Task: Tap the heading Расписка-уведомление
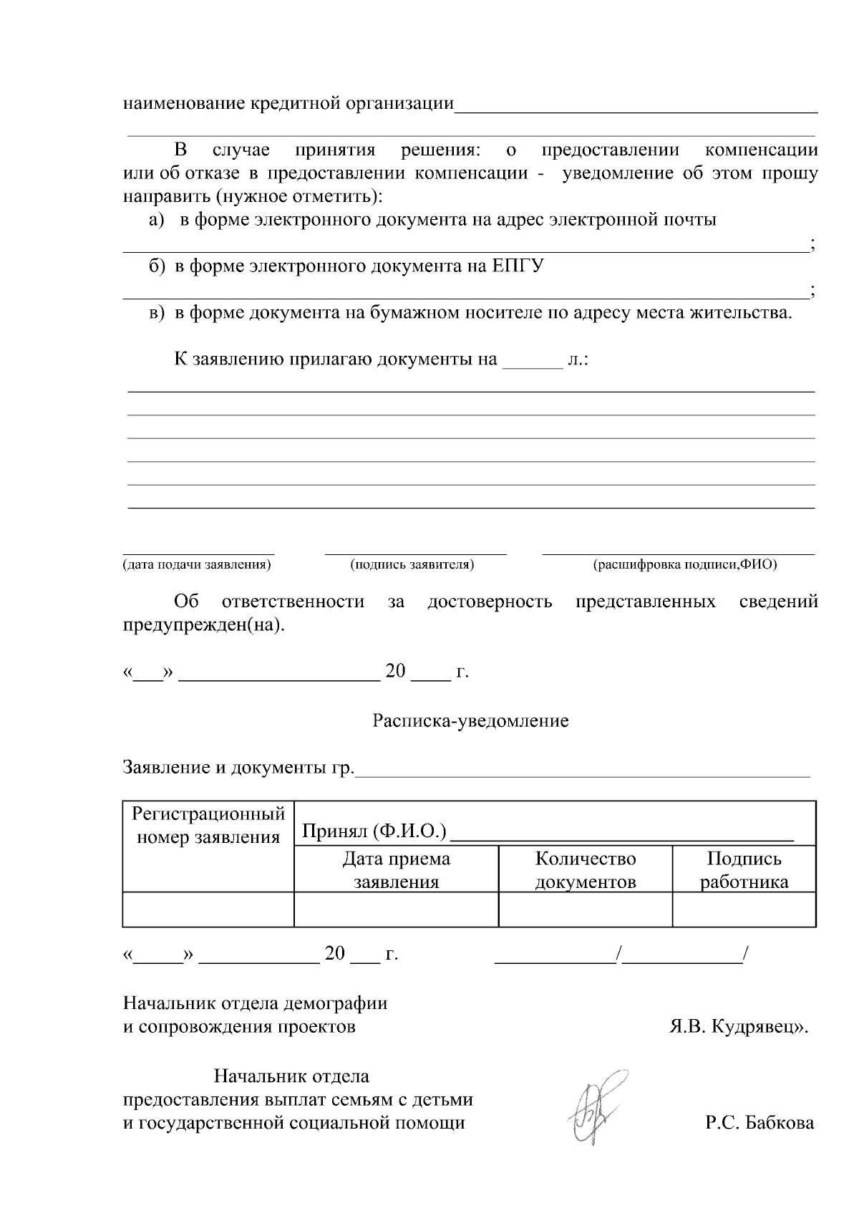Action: point(470,720)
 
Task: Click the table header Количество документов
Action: point(586,870)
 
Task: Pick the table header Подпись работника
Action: point(744,870)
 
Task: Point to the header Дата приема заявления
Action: point(397,870)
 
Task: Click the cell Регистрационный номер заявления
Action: point(208,825)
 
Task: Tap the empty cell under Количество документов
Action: point(586,909)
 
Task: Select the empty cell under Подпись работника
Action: point(744,909)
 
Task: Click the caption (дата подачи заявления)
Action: point(197,565)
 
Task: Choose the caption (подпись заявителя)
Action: point(412,565)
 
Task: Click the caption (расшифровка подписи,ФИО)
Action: point(685,565)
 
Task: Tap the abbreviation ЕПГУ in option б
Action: point(518,266)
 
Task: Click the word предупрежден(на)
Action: point(203,625)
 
